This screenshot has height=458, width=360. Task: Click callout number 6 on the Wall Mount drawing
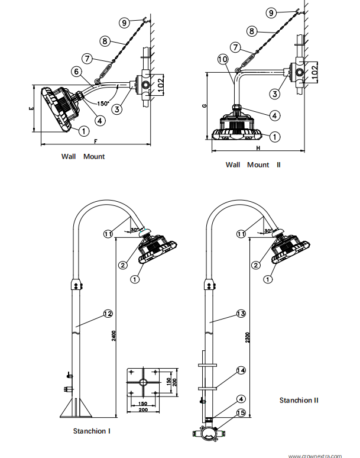coord(77,72)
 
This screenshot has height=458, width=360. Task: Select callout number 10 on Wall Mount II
coord(222,60)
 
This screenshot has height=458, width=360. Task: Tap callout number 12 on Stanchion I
coord(108,313)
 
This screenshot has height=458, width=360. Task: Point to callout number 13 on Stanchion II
coord(240,313)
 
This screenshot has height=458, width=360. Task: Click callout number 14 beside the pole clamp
coord(241,370)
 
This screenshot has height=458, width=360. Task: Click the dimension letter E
coord(30,109)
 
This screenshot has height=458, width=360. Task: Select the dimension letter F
coord(95,141)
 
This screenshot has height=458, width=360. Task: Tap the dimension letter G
coord(203,105)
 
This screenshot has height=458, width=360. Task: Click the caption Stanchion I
coord(92,431)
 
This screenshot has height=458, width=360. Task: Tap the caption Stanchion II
coord(299,400)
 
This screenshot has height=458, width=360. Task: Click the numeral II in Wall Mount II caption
coord(278,165)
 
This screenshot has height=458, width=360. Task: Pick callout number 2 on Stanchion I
coord(122,264)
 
